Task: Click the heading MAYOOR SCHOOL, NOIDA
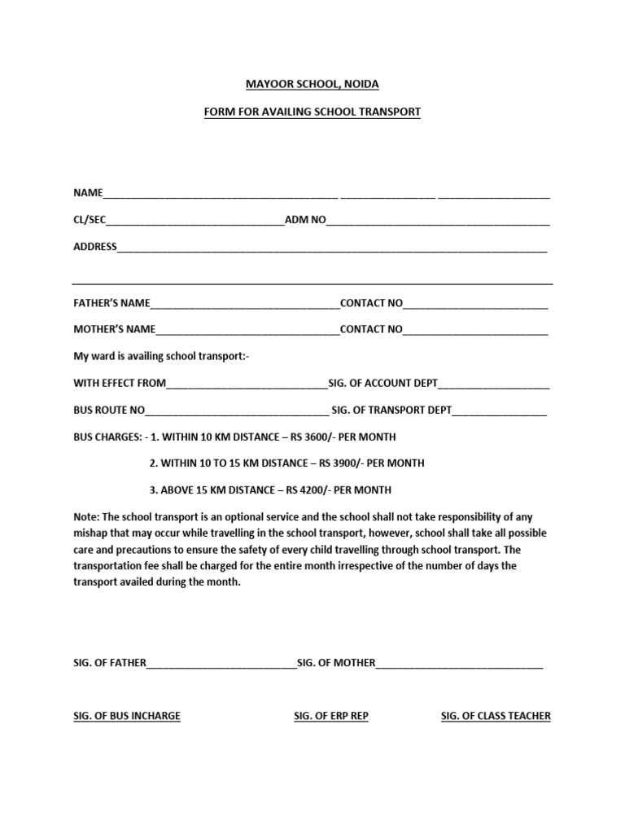312,84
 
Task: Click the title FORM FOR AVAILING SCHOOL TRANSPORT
312,112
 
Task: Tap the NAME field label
88,193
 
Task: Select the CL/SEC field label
90,220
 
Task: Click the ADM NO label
304,220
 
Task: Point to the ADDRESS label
95,247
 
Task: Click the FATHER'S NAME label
111,303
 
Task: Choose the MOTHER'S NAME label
114,330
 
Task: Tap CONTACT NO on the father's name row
371,303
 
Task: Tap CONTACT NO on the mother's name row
371,330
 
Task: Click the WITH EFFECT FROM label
120,383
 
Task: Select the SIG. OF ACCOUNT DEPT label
382,383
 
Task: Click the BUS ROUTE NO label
109,410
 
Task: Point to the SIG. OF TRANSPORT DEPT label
391,410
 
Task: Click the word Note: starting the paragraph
86,517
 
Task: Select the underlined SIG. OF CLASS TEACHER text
496,716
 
